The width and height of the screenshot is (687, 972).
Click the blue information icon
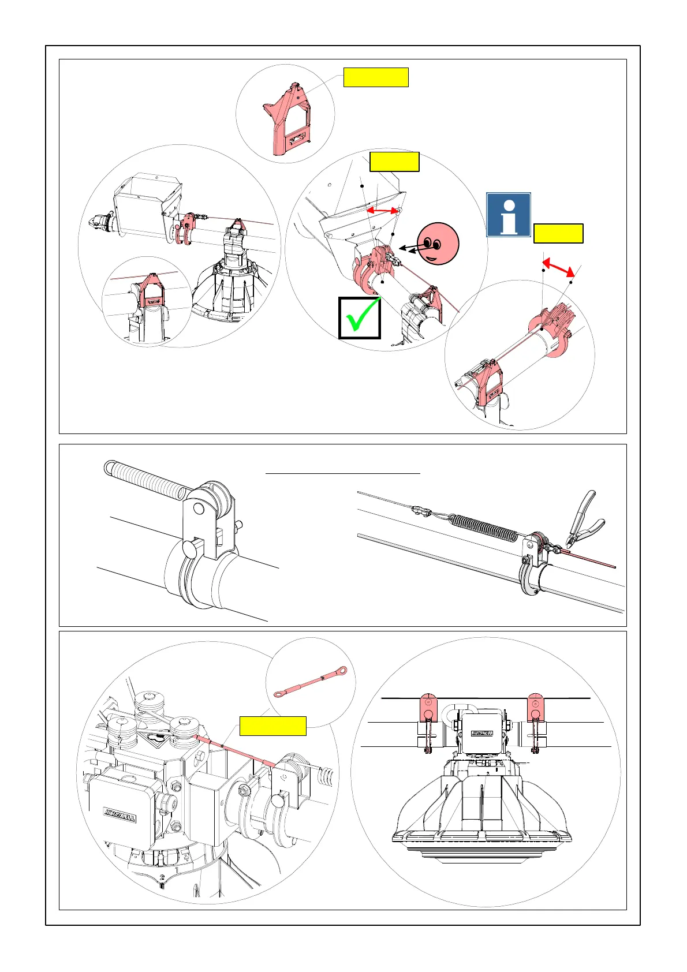click(508, 215)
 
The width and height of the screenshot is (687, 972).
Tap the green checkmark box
click(360, 317)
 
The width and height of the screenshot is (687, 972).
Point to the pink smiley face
click(438, 243)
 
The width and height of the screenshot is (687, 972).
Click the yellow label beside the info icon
click(558, 234)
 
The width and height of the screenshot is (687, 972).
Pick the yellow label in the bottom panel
click(272, 726)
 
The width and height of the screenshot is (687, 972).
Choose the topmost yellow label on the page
click(376, 77)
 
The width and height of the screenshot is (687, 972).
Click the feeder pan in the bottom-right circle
click(485, 820)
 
